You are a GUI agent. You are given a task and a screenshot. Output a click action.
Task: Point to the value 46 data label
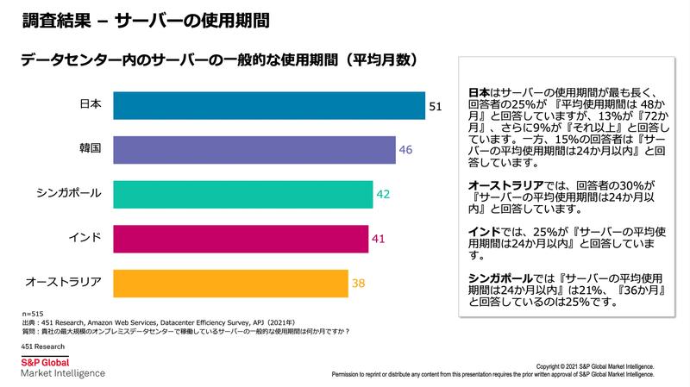pos(406,150)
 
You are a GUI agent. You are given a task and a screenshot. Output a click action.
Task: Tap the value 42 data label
pos(384,194)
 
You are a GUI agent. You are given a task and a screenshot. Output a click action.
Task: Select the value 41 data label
pos(379,238)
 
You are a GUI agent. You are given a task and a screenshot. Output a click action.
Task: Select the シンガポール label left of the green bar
pos(70,193)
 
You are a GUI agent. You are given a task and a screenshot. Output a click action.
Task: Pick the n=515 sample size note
pos(32,312)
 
